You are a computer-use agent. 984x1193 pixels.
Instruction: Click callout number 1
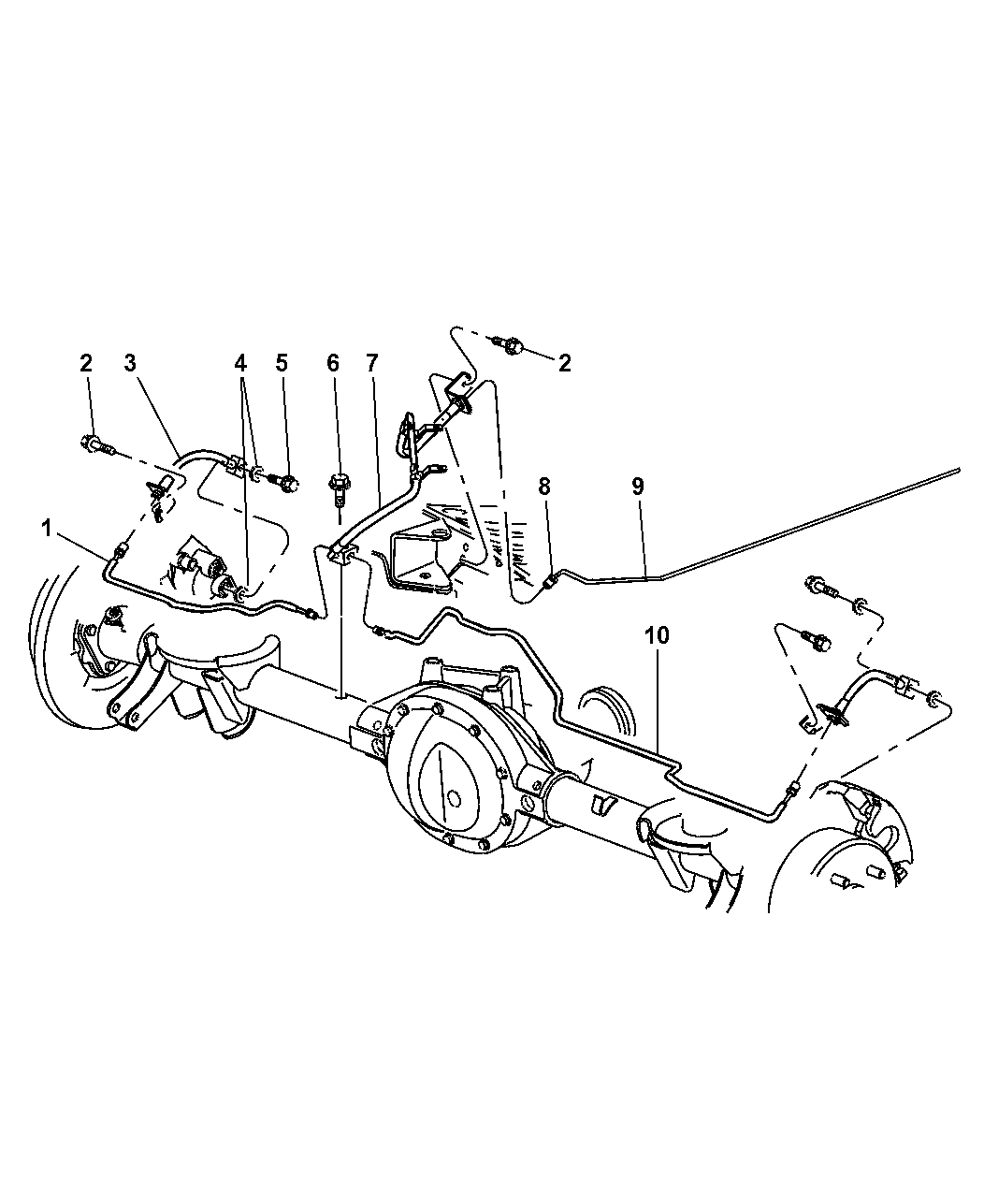click(46, 529)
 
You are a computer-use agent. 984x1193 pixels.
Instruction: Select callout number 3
click(130, 363)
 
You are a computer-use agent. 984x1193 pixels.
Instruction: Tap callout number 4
click(240, 363)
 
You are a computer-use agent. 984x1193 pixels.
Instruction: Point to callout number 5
click(281, 363)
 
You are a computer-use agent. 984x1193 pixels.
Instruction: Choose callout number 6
click(333, 363)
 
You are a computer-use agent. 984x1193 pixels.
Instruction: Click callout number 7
click(371, 363)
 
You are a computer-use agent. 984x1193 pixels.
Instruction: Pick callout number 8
click(544, 471)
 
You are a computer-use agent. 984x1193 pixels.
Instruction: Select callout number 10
click(658, 635)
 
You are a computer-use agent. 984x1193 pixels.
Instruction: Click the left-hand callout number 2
click(86, 363)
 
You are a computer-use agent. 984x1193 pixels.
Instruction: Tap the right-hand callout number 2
click(564, 363)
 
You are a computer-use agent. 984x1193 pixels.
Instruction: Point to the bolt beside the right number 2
click(510, 344)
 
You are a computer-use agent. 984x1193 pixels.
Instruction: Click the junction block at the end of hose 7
click(340, 555)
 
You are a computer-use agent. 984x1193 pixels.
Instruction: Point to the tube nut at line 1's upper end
click(121, 551)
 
